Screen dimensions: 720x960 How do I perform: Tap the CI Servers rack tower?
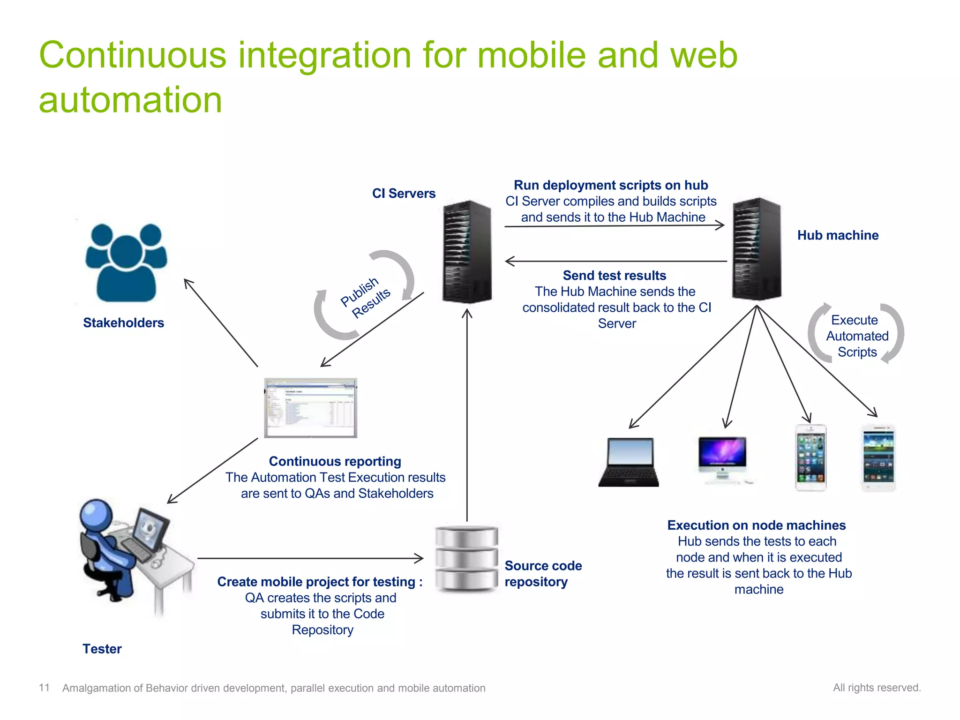[467, 252]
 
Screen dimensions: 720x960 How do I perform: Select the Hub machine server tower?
[757, 249]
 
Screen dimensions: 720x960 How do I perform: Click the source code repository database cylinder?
[466, 558]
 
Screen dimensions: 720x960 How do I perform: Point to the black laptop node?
[629, 462]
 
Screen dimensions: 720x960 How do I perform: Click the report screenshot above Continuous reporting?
[310, 408]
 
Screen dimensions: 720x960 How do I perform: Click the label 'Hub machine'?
[838, 235]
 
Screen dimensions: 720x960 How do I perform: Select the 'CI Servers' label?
[404, 194]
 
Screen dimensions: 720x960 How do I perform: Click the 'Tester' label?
[102, 649]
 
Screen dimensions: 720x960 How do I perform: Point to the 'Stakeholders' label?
[123, 323]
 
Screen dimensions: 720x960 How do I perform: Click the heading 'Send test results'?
[614, 276]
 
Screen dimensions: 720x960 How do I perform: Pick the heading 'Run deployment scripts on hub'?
[611, 186]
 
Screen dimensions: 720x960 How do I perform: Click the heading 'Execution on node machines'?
[756, 525]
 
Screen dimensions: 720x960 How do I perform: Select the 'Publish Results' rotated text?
[365, 297]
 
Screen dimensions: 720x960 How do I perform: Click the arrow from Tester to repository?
[309, 558]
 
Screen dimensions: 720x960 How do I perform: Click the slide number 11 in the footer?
[44, 688]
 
